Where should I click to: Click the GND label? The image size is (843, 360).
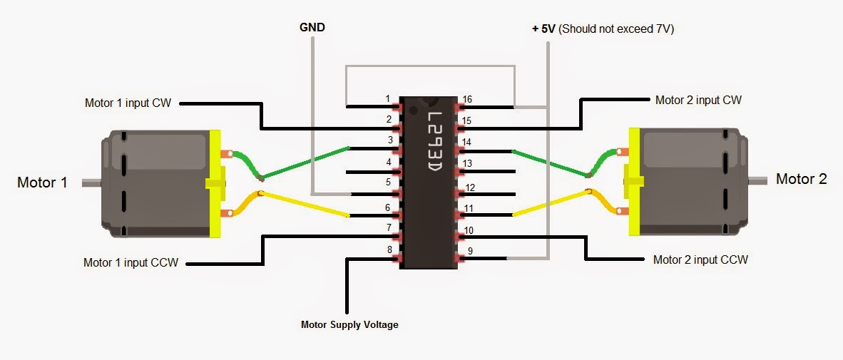(x=311, y=29)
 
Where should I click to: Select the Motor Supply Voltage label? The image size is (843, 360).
(x=349, y=325)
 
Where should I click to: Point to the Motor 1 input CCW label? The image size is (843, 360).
(x=131, y=262)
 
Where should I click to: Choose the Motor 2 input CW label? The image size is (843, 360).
(x=698, y=100)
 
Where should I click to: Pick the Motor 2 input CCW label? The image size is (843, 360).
(x=700, y=260)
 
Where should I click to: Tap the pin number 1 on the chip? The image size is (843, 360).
(x=387, y=98)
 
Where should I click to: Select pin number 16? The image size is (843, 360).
(x=467, y=99)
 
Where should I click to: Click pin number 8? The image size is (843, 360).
(x=389, y=250)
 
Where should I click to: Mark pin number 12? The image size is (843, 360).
(x=470, y=188)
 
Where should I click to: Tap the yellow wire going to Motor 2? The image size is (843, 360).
(x=549, y=203)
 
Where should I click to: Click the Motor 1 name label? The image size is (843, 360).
(x=42, y=182)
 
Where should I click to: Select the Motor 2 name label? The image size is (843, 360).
(x=801, y=179)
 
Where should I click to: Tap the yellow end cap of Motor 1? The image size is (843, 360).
(x=215, y=183)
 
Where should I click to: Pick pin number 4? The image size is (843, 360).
(x=389, y=163)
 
